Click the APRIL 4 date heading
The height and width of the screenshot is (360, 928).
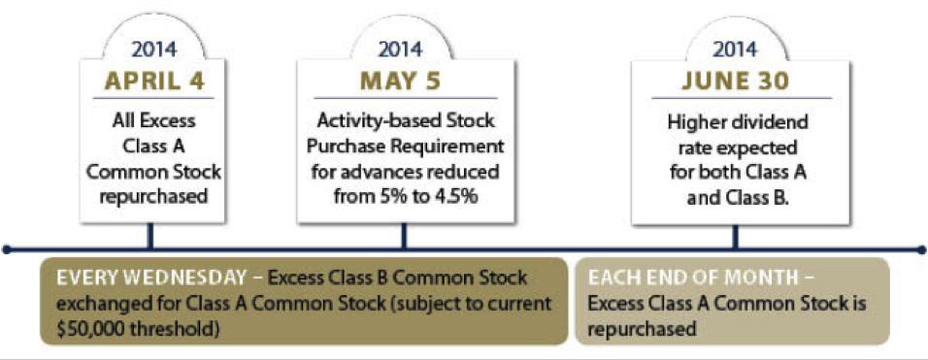pos(154,82)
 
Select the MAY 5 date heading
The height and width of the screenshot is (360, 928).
pos(401,82)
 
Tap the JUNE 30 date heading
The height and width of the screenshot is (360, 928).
pos(735,82)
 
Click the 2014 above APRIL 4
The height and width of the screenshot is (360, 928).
pos(154,49)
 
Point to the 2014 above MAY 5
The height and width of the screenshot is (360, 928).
pos(401,49)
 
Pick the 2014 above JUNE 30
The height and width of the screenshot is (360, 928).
pos(736,49)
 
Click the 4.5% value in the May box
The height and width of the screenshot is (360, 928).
pos(458,195)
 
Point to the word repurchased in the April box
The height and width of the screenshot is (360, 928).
pos(154,195)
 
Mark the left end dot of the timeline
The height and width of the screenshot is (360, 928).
pos(6,249)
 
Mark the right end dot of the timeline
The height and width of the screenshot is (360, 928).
pos(921,249)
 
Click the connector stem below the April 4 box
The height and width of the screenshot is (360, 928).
pos(151,235)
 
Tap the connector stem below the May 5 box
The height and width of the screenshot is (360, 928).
pos(404,235)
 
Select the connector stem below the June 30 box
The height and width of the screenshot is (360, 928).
pos(736,235)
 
